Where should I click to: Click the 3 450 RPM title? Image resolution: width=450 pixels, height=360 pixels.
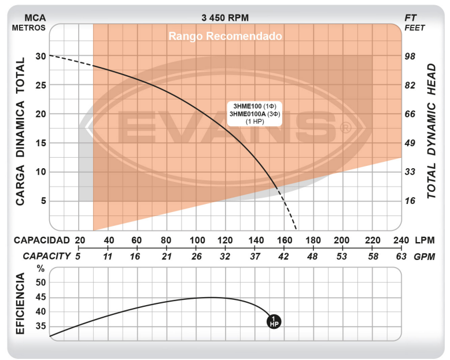pyautogui.click(x=225, y=18)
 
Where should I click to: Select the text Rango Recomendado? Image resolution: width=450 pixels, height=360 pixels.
pyautogui.click(x=225, y=36)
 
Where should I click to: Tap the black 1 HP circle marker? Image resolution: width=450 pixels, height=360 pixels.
pyautogui.click(x=273, y=321)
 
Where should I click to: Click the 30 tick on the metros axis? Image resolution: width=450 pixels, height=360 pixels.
pyautogui.click(x=40, y=56)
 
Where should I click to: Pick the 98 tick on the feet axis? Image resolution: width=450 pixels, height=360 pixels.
pyautogui.click(x=410, y=56)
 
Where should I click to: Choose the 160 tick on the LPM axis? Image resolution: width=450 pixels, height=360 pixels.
pyautogui.click(x=284, y=240)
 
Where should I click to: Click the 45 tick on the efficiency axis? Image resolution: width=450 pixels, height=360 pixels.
pyautogui.click(x=40, y=297)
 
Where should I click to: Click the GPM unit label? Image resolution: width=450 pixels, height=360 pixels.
pyautogui.click(x=425, y=256)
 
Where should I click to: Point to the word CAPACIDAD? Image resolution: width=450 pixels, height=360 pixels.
pyautogui.click(x=42, y=240)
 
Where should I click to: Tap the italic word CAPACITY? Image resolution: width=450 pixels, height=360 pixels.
pyautogui.click(x=47, y=256)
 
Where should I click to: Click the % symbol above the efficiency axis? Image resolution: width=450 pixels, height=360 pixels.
pyautogui.click(x=40, y=268)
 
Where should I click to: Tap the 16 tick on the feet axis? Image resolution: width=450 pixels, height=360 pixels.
pyautogui.click(x=410, y=201)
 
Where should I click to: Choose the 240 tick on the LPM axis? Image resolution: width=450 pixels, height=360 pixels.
pyautogui.click(x=400, y=240)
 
